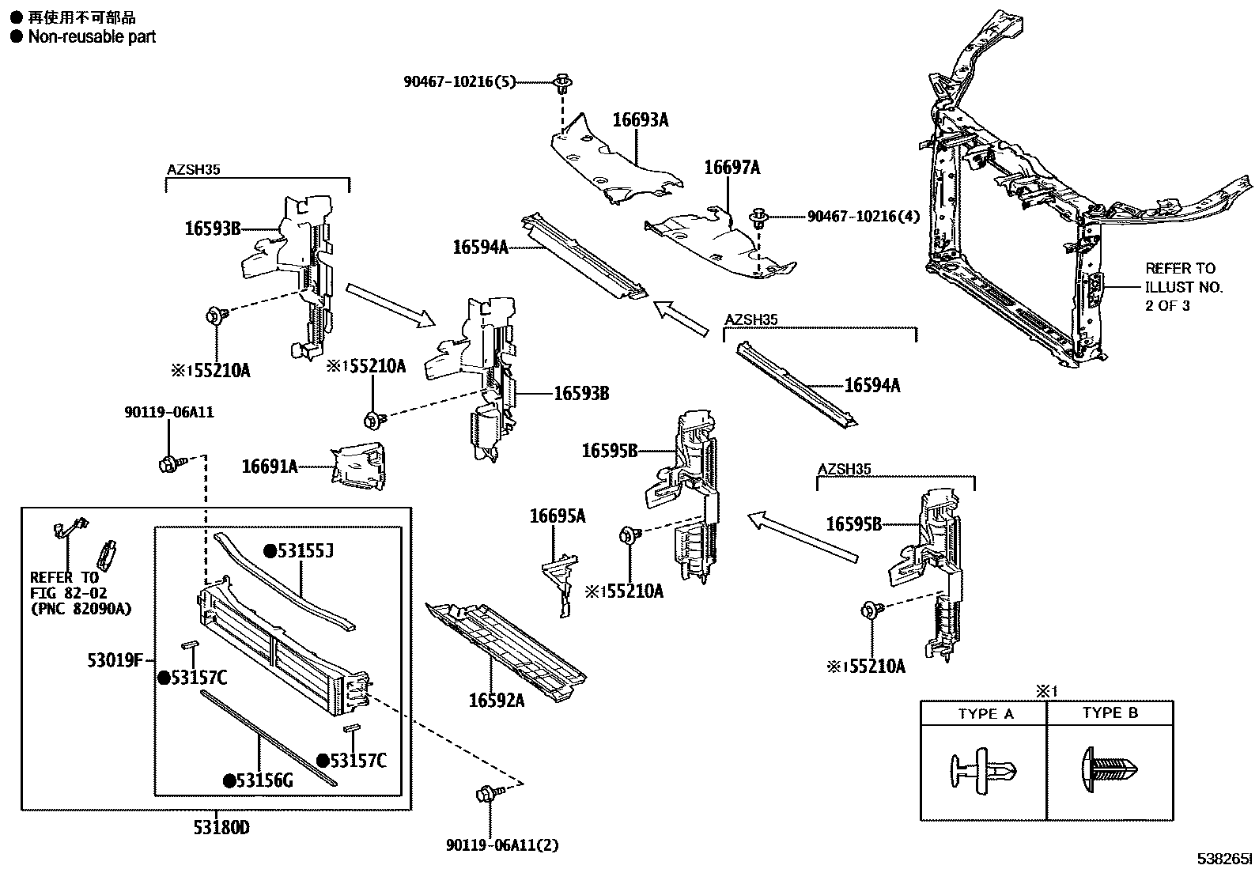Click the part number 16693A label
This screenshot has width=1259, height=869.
640,120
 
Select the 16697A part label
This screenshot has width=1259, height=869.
732,168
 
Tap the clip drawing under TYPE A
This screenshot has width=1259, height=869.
982,769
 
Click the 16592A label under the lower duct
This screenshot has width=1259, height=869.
496,700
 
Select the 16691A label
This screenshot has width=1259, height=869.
270,467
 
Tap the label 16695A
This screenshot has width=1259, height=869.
558,516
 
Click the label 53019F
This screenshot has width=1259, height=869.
115,659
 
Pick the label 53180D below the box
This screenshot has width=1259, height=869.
221,828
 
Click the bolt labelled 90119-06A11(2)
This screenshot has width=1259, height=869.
486,794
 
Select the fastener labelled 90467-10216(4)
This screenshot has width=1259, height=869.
760,216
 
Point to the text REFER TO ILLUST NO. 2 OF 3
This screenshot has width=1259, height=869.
1183,286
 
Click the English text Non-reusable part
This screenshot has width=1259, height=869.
92,36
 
